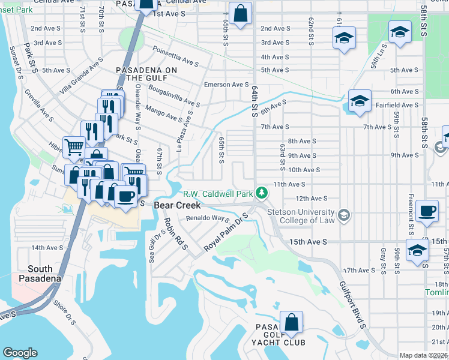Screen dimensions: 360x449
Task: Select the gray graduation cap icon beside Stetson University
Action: (x=344, y=215)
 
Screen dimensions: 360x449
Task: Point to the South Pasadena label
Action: (x=39, y=274)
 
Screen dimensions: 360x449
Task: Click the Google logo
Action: (x=20, y=353)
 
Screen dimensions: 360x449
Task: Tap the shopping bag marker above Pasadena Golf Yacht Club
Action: (x=291, y=323)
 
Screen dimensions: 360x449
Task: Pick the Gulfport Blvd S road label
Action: (x=351, y=305)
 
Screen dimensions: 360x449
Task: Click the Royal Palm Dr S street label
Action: (x=226, y=234)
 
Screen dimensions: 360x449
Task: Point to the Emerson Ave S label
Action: (x=226, y=85)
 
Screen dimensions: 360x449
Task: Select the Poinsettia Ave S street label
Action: (x=176, y=57)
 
